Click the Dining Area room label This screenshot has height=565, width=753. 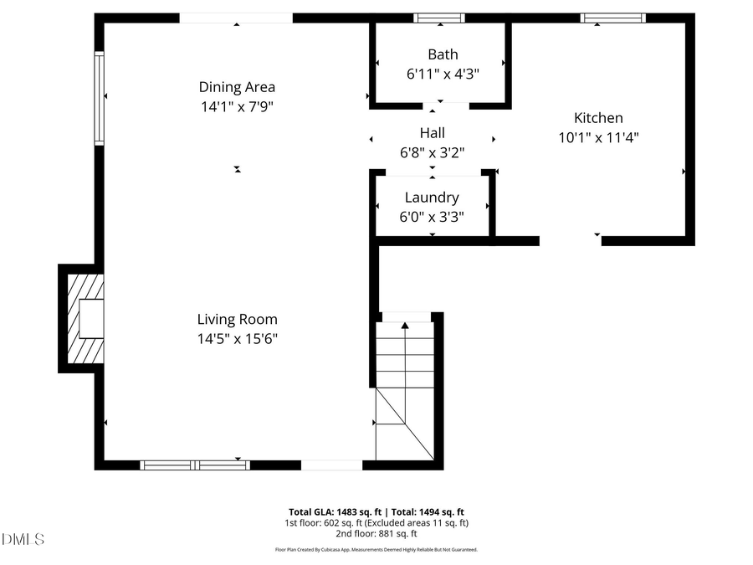pos(237,87)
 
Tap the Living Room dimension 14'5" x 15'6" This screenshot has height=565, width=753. pos(237,339)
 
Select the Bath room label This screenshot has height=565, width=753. pos(443,54)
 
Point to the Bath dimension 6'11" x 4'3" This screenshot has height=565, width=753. pos(443,74)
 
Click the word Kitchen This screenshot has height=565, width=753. pos(597,118)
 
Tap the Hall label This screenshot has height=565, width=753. pos(432,132)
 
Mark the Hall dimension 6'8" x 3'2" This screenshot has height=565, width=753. pos(432,152)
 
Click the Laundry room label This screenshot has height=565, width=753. pos(432,198)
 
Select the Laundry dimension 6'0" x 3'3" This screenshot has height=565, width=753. pos(432,217)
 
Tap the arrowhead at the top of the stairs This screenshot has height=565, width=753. pos(405,325)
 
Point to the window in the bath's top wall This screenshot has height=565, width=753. pos(439,18)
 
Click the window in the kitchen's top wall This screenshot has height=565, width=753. pos(613,18)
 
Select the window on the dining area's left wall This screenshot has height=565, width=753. pos(99,99)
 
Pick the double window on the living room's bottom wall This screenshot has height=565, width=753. pos(195,465)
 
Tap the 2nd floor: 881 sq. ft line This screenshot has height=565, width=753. pos(376,533)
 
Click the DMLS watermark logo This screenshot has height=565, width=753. pos(23,539)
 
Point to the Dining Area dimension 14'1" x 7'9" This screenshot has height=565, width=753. pos(237,106)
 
